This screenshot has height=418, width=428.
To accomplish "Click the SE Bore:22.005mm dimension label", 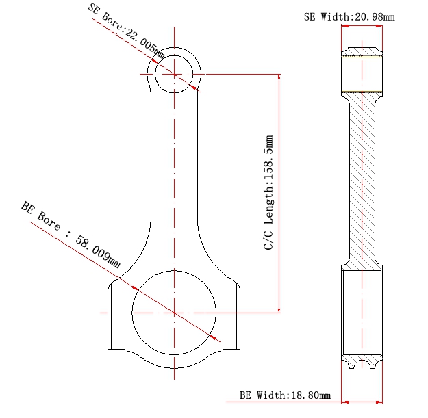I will coord(127,28).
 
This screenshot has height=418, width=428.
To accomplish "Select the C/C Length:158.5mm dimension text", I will coord(269,192).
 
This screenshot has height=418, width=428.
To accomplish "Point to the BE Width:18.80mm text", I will coord(285,395).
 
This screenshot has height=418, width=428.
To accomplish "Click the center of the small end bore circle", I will coord(175,74).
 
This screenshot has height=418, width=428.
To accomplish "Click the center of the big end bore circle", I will coord(175,313).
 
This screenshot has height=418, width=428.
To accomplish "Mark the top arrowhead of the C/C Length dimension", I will coord(279,77).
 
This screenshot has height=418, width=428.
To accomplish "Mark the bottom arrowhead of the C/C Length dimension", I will coord(279,309).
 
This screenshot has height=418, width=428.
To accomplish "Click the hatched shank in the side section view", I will coord(362,178).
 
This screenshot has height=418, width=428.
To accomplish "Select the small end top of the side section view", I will coord(362,52).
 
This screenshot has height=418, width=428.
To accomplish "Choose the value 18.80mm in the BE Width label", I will coord(312,395).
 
